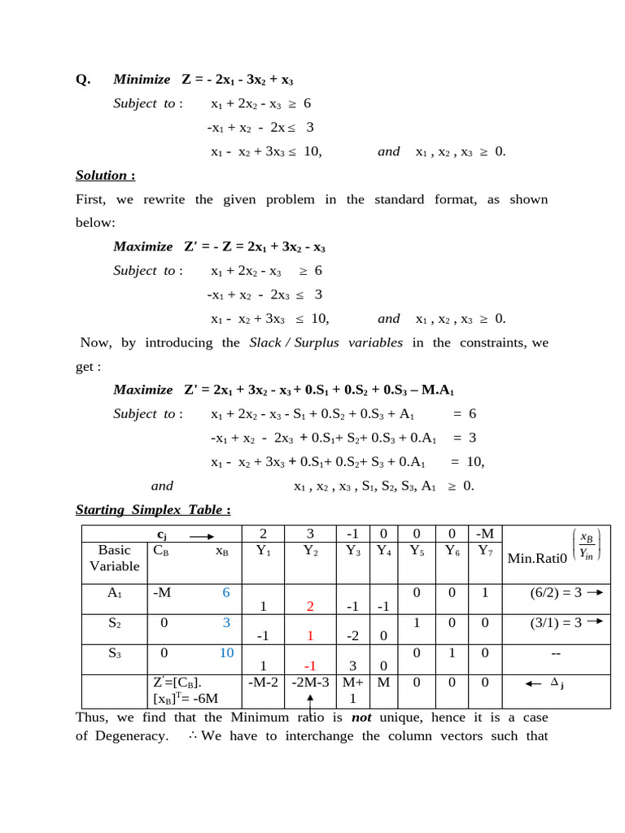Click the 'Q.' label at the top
(82, 80)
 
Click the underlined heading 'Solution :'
(105, 175)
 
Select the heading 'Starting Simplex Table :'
(153, 509)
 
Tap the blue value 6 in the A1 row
(226, 593)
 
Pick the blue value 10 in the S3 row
(226, 653)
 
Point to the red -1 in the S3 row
(309, 667)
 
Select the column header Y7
(485, 550)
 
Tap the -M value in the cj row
(485, 534)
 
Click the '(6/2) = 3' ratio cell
(557, 593)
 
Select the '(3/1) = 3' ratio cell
(557, 623)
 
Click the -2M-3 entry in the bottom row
(309, 683)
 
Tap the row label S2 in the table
(114, 623)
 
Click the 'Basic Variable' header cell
(114, 557)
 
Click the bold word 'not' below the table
(362, 717)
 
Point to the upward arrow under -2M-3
(310, 703)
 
